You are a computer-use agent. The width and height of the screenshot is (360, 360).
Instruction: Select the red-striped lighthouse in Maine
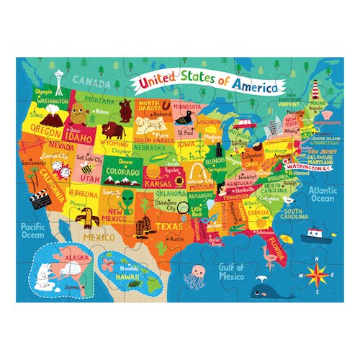[x=315, y=90]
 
